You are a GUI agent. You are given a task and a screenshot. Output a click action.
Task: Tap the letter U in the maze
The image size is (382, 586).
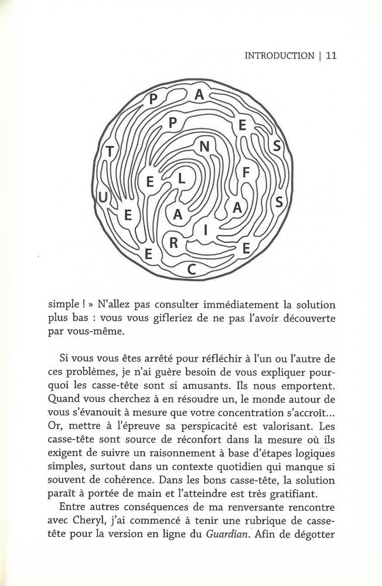pos(102,199)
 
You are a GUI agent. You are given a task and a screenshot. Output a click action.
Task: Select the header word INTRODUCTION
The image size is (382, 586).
pos(273,56)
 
